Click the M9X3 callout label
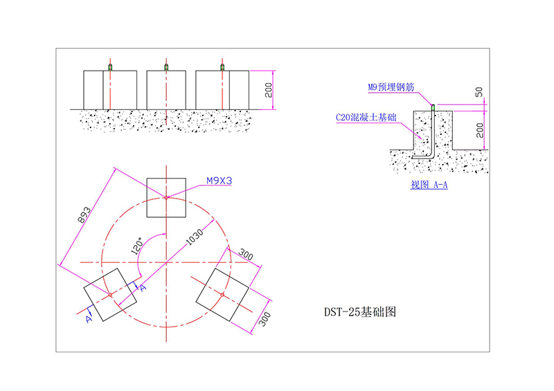220,181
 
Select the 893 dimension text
81,215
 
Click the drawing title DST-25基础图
360,312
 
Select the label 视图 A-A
429,185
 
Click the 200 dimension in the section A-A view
479,129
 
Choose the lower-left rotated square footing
110,295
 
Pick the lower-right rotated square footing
222,295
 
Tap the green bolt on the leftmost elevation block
109,66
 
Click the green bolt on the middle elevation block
166,66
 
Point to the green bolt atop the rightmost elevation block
222,66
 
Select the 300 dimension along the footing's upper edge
246,255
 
